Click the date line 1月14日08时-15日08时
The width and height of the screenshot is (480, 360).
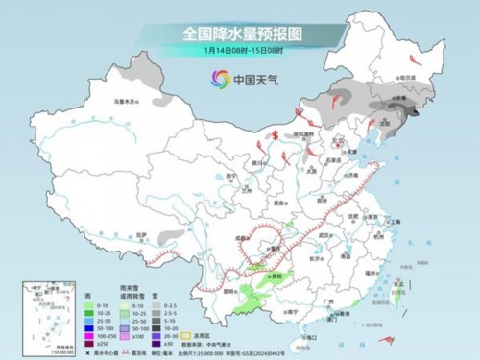tap(239, 52)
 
